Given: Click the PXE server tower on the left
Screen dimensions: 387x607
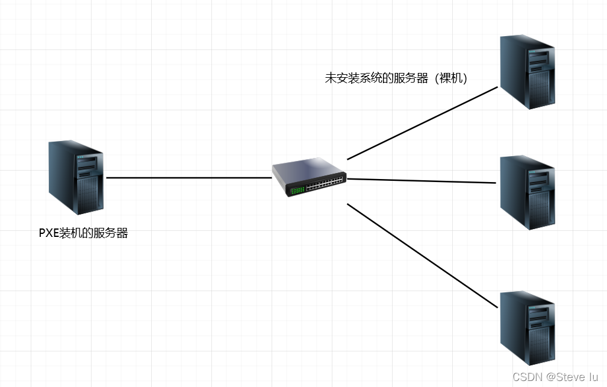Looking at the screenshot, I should (76, 178).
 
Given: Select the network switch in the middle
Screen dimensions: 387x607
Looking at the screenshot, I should (310, 178).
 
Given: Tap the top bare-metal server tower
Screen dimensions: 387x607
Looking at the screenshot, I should (528, 72).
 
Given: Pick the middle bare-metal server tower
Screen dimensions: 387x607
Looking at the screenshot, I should (528, 192).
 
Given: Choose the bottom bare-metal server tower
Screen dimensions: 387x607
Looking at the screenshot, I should (528, 328).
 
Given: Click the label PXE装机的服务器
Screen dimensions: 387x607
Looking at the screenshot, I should (84, 233).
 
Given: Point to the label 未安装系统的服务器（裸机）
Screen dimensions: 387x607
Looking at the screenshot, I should (396, 78).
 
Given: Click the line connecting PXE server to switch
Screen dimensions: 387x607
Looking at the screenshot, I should (188, 178).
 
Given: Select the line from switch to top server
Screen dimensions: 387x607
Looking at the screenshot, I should (422, 124).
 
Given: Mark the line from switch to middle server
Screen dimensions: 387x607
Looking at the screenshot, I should (422, 180).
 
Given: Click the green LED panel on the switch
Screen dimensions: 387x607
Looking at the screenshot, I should (297, 190).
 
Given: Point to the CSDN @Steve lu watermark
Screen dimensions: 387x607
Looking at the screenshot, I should (556, 377).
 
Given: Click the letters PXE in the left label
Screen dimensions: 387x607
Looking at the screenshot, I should (49, 233).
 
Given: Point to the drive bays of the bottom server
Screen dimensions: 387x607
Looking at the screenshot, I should (540, 314).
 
